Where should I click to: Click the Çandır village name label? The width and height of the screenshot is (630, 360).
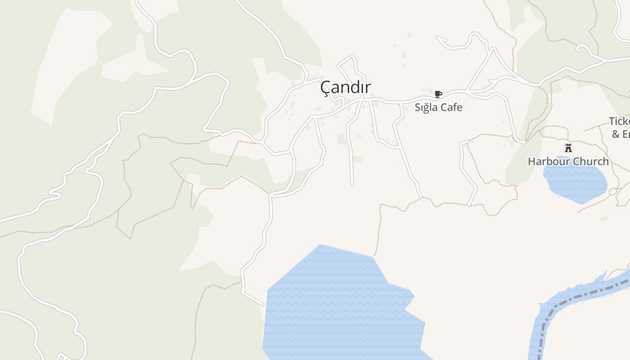pyautogui.click(x=346, y=88)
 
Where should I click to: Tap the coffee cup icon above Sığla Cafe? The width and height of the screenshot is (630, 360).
pyautogui.click(x=438, y=94)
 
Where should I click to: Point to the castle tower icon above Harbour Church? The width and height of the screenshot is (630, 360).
pyautogui.click(x=568, y=148)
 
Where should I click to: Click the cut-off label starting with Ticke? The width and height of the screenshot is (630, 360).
pyautogui.click(x=620, y=121)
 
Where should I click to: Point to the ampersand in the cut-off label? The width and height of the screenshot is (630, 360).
pyautogui.click(x=616, y=134)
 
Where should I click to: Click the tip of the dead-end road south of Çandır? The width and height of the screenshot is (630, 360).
pyautogui.click(x=352, y=184)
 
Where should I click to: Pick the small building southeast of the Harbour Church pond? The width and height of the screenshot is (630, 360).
pyautogui.click(x=604, y=219)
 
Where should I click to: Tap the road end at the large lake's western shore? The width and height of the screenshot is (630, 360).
pyautogui.click(x=262, y=304)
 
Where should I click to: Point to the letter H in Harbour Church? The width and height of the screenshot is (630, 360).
pyautogui.click(x=532, y=161)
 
